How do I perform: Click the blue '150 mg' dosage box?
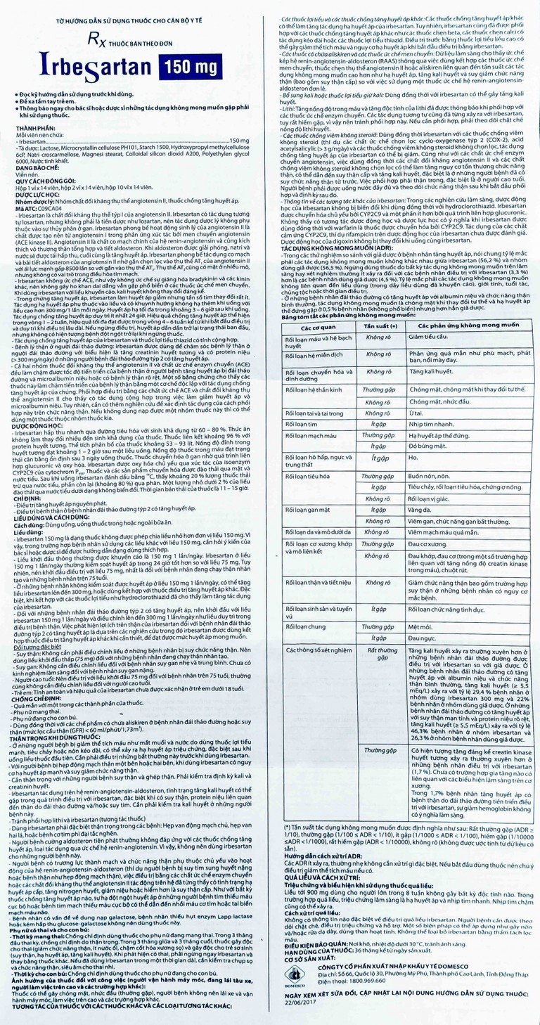200,68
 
